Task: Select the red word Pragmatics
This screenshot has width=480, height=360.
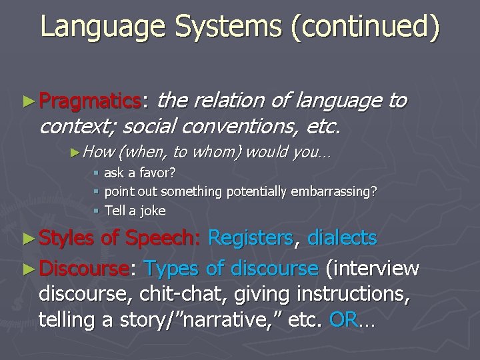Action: pyautogui.click(x=90, y=101)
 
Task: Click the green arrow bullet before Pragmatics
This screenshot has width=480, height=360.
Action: pyautogui.click(x=27, y=101)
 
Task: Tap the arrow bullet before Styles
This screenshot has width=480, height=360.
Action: pyautogui.click(x=27, y=238)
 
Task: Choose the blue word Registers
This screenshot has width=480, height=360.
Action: pyautogui.click(x=251, y=237)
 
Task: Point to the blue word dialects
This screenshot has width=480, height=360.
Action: pyautogui.click(x=342, y=237)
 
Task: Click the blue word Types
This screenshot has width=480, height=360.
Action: pyautogui.click(x=172, y=268)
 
